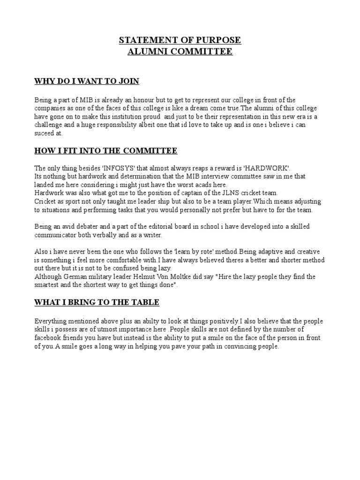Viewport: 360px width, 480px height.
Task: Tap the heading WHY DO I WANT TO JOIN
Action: pos(87,82)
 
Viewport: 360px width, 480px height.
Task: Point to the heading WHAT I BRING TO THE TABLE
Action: pos(97,302)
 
